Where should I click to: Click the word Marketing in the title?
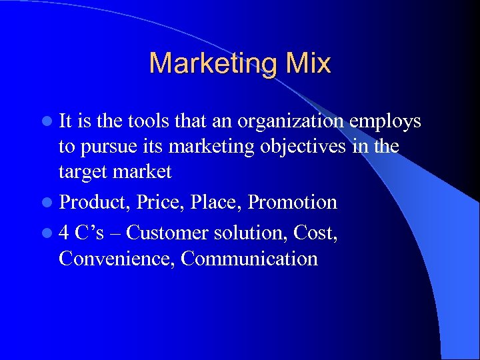click(x=209, y=64)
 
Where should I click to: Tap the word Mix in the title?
click(x=304, y=64)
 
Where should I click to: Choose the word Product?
click(x=97, y=202)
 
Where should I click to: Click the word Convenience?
click(x=116, y=258)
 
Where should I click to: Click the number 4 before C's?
click(x=63, y=233)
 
